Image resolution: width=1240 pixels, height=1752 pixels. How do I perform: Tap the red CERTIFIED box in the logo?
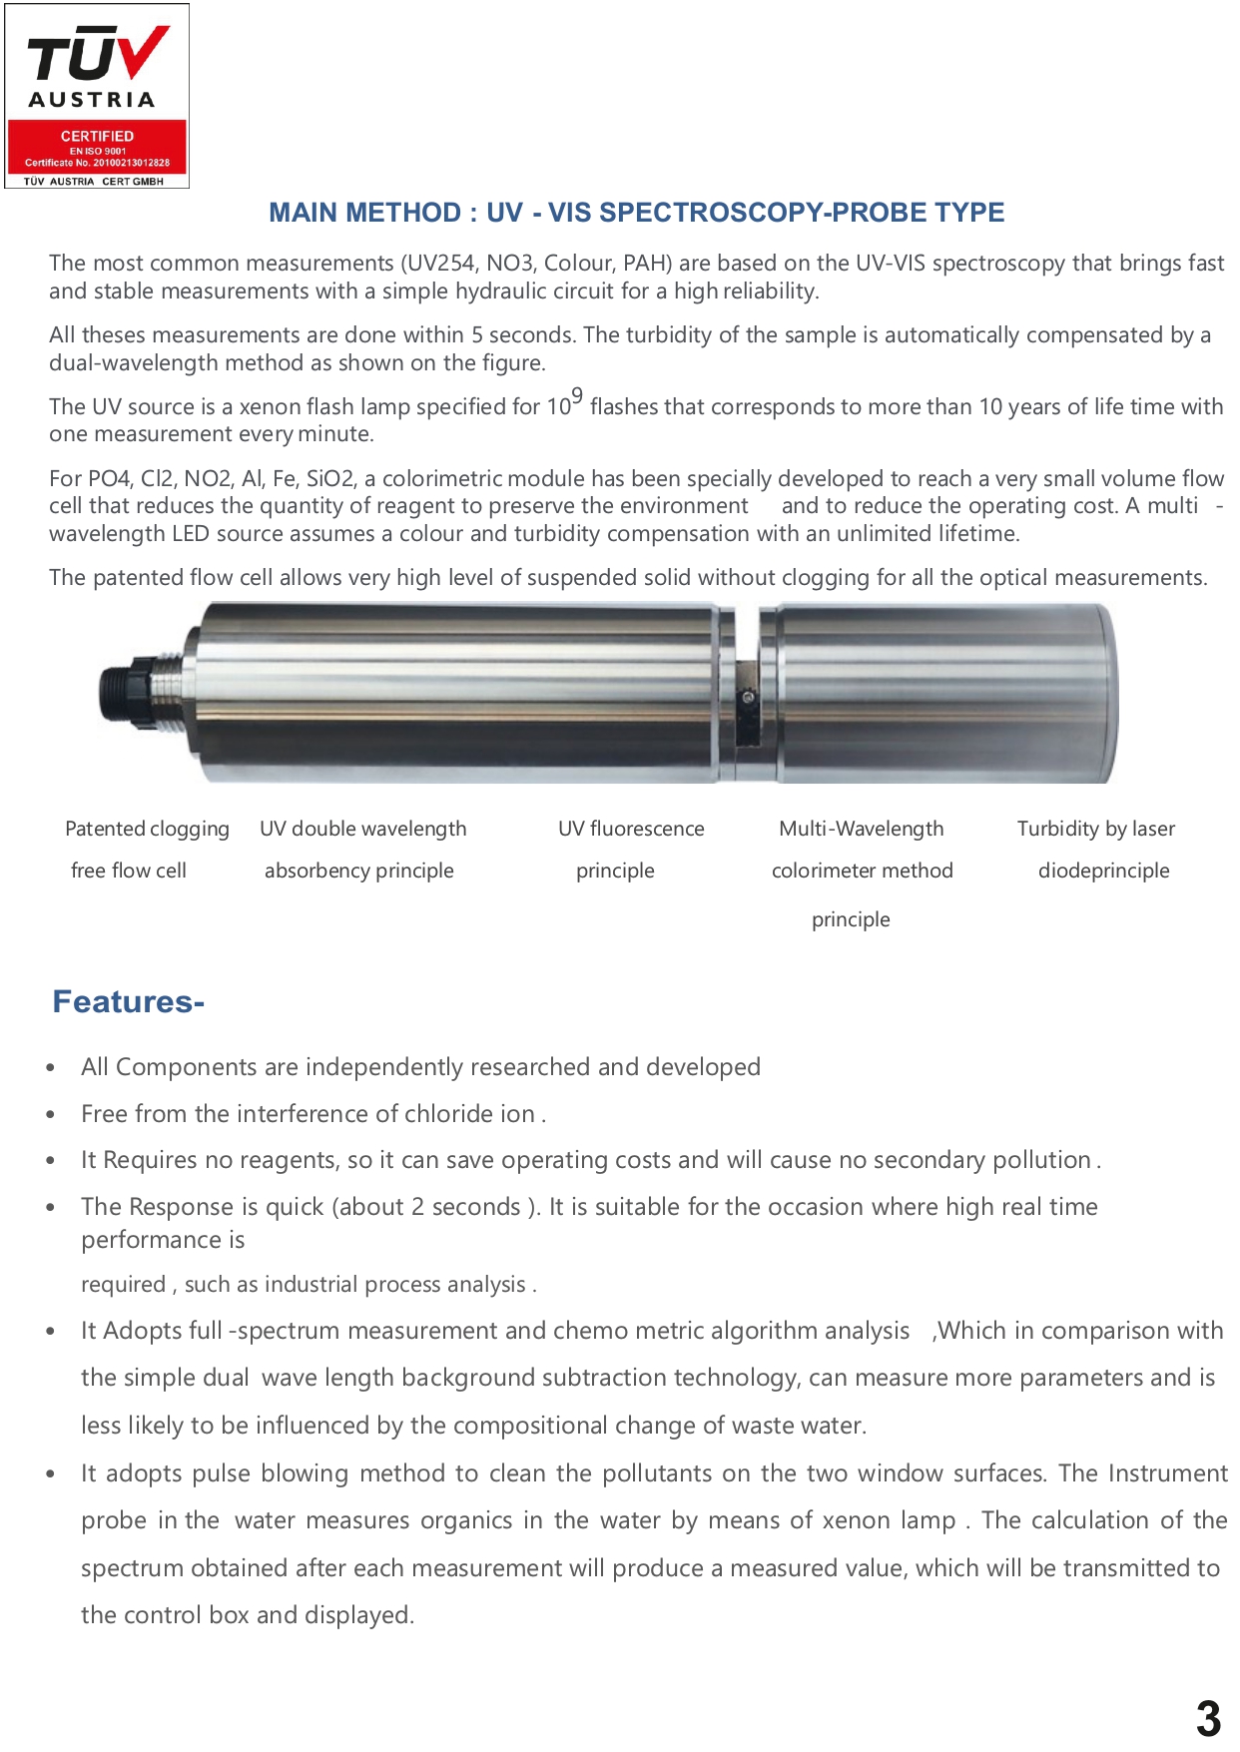click(x=97, y=146)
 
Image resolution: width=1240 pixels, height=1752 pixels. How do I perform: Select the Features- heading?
click(x=128, y=1001)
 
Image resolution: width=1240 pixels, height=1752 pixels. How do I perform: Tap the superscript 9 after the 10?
click(x=577, y=396)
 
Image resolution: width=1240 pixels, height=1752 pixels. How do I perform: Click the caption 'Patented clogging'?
click(x=147, y=829)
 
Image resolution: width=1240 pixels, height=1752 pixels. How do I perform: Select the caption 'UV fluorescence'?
click(x=631, y=829)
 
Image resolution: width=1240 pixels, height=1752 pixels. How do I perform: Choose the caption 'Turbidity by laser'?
click(x=1095, y=829)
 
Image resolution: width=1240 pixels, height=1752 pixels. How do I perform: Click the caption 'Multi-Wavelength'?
click(x=861, y=829)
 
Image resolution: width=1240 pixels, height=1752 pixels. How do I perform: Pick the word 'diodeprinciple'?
click(x=1103, y=871)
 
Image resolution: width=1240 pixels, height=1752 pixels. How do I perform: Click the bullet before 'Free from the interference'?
click(x=51, y=1114)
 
